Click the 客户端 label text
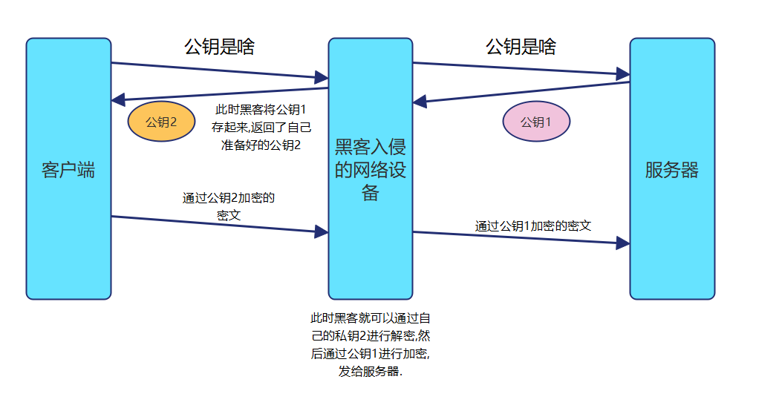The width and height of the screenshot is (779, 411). coord(68,170)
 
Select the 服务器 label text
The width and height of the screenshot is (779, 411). coord(671,170)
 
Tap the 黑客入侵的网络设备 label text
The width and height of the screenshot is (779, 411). coord(370,169)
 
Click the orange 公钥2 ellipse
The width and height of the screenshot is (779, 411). coord(161,122)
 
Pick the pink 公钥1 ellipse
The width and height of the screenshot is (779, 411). coord(536,122)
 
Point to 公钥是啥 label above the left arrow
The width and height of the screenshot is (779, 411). coord(219,47)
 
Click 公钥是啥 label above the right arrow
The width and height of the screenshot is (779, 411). coord(521,47)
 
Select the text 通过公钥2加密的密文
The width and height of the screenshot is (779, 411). coord(229,206)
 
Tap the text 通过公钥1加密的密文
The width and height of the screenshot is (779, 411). coord(532,226)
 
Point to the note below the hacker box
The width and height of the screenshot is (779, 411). coord(370,345)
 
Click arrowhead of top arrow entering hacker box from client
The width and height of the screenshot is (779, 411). coord(322,77)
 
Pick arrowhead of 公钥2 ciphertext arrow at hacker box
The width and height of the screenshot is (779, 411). coord(322,232)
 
